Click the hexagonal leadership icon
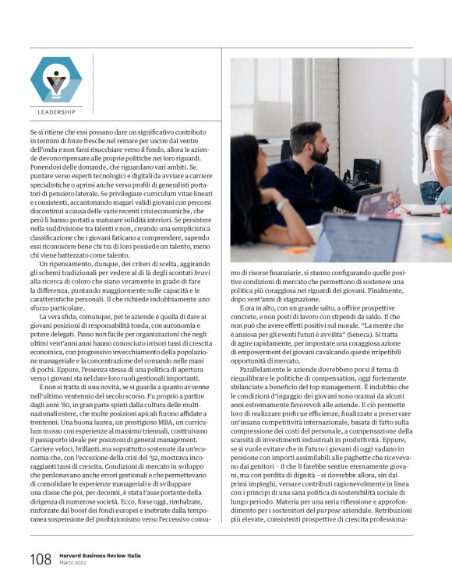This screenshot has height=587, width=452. (55, 80)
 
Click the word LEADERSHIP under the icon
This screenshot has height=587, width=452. (56, 112)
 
